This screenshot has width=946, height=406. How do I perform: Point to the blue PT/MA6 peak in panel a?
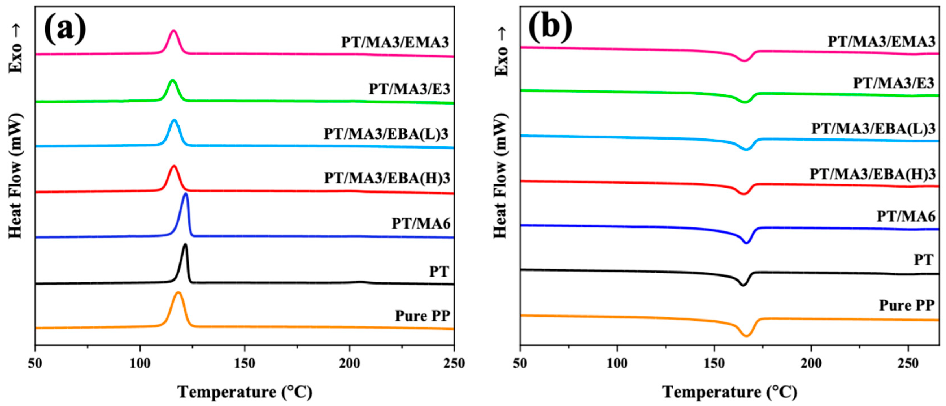click(x=186, y=194)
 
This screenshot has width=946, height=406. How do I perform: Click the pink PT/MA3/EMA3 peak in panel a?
click(x=174, y=32)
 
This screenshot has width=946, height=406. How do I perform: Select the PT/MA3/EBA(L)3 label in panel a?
click(x=386, y=134)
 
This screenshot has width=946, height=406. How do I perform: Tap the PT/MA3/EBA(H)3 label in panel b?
click(x=873, y=174)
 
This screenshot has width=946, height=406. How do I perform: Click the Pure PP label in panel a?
click(x=422, y=316)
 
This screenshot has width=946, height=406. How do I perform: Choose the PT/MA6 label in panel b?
click(x=906, y=216)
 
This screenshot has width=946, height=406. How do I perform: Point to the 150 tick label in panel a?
click(x=245, y=363)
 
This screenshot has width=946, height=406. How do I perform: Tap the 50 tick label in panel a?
click(x=35, y=363)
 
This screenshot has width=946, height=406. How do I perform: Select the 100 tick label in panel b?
click(x=617, y=363)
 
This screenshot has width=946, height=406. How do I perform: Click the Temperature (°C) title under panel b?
click(x=730, y=392)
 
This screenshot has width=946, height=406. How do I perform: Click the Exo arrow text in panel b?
click(x=501, y=51)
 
